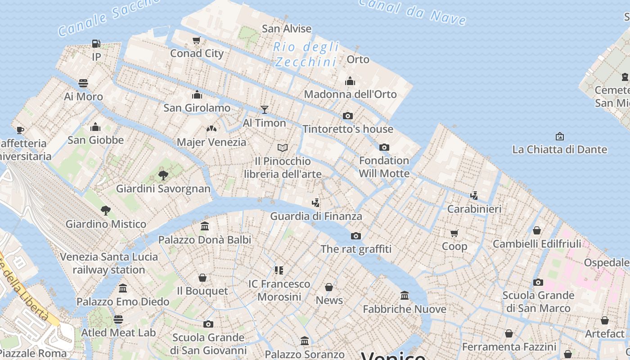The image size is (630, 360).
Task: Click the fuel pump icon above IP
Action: click(x=96, y=44)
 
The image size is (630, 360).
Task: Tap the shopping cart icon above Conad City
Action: click(x=197, y=40)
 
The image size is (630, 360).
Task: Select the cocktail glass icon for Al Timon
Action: click(x=264, y=109)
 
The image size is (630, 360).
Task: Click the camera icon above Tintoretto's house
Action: click(x=347, y=116)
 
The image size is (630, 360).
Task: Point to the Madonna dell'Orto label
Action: click(x=350, y=94)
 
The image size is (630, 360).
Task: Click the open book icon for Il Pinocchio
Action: click(x=283, y=148)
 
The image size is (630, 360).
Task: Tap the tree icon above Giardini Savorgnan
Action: click(x=163, y=175)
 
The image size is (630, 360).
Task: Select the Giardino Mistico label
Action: click(x=106, y=224)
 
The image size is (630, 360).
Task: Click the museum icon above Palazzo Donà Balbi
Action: click(x=205, y=226)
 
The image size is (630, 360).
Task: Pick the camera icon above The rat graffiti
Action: click(x=356, y=236)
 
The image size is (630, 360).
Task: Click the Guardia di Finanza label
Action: click(x=316, y=216)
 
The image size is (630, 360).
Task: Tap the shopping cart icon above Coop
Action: click(x=454, y=233)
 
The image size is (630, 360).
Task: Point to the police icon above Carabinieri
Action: click(x=474, y=195)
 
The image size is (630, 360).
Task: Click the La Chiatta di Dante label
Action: click(x=559, y=149)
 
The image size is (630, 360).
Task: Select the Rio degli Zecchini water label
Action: click(x=306, y=54)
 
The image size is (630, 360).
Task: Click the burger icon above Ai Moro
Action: click(x=83, y=83)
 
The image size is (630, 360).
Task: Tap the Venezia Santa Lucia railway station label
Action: click(x=109, y=263)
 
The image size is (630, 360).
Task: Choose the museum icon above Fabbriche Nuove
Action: click(x=405, y=296)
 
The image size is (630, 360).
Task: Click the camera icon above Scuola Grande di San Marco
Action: click(x=538, y=283)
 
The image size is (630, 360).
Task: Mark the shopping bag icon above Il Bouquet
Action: click(x=202, y=278)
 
